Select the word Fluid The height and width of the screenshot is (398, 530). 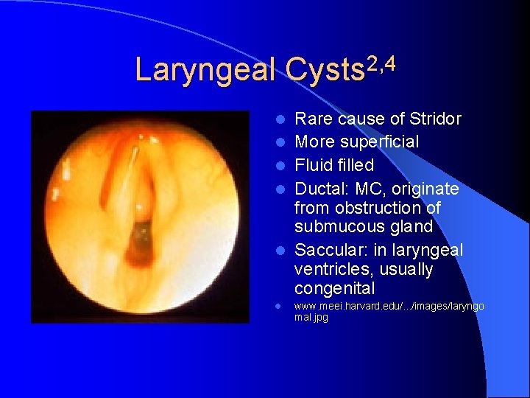[x=313, y=165]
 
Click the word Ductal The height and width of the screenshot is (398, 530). [x=321, y=189]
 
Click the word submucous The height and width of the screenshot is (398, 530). [x=336, y=226]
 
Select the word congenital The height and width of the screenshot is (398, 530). [x=334, y=288]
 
